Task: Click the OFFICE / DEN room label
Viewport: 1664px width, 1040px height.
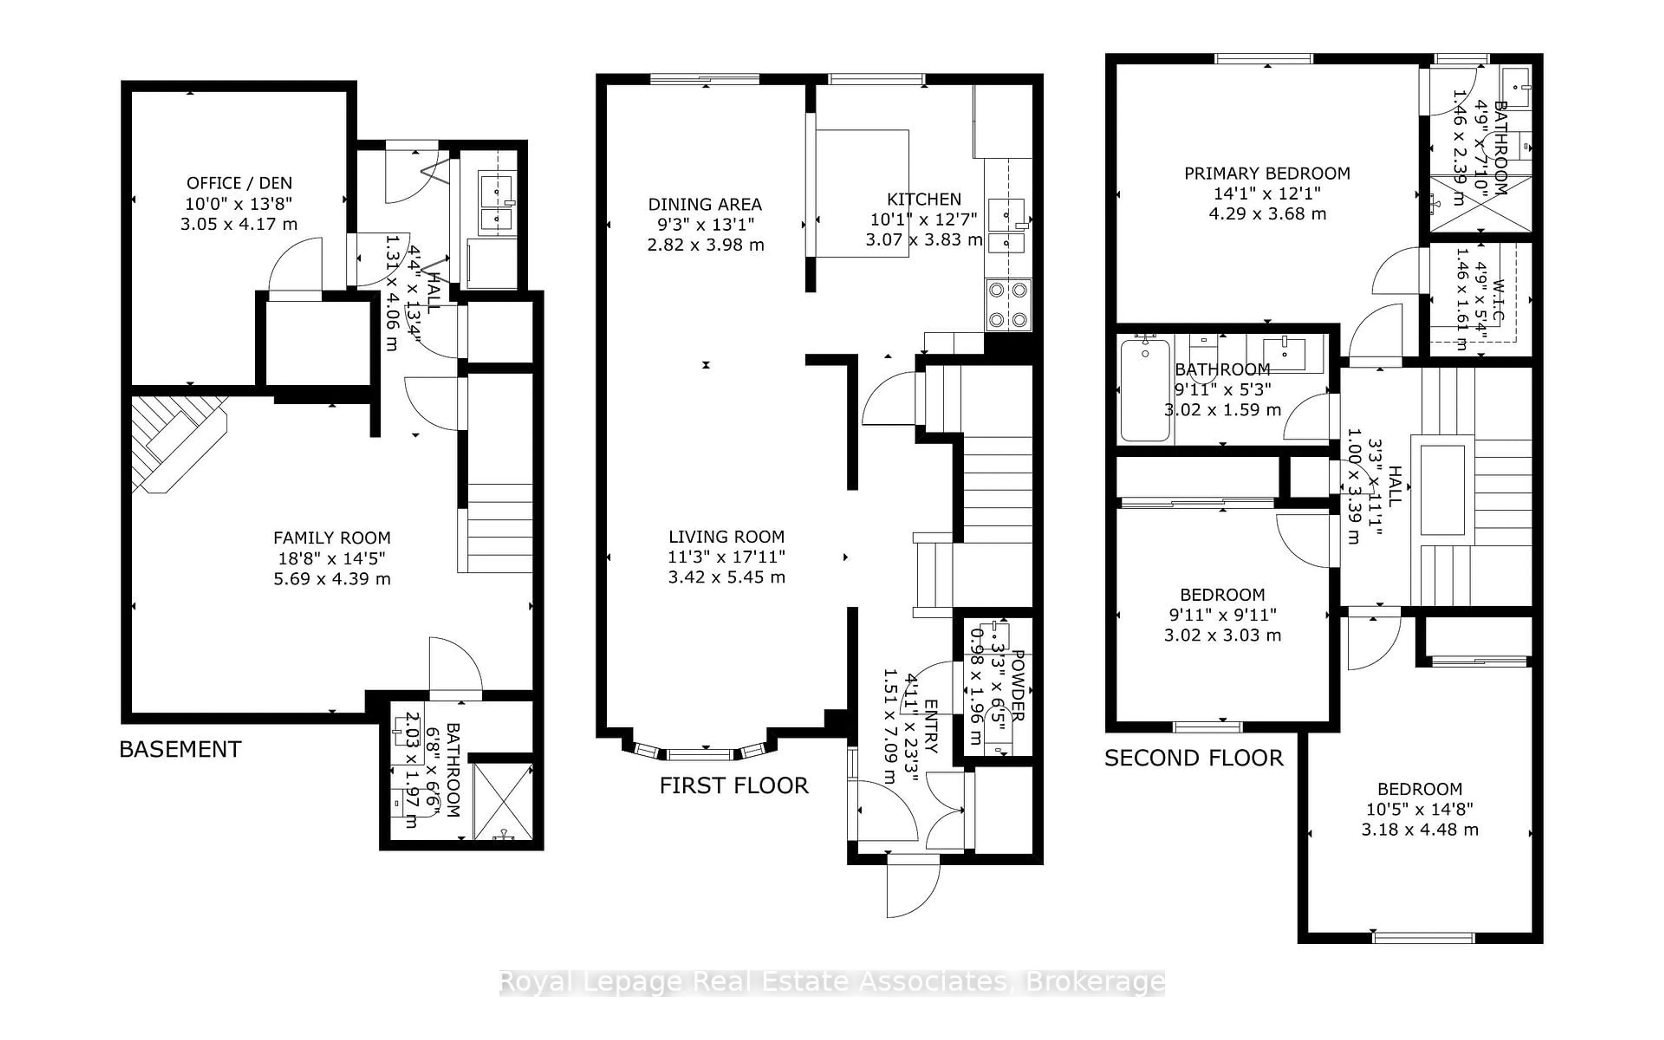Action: tap(239, 183)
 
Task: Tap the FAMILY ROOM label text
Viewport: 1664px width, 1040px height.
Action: tap(331, 538)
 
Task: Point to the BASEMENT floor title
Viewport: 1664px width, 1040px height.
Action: tap(180, 749)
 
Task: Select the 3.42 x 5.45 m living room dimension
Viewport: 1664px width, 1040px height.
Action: tap(726, 577)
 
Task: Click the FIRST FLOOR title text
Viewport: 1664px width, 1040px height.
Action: tap(734, 786)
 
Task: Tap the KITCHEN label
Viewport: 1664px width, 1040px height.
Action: tap(923, 199)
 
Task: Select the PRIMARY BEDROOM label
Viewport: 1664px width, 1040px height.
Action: tap(1267, 173)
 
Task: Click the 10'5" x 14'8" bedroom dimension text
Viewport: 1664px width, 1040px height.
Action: tap(1419, 809)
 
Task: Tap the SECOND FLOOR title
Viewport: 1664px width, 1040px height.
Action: tap(1194, 758)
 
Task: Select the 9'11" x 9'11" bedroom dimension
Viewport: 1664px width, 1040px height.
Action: tap(1222, 615)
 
